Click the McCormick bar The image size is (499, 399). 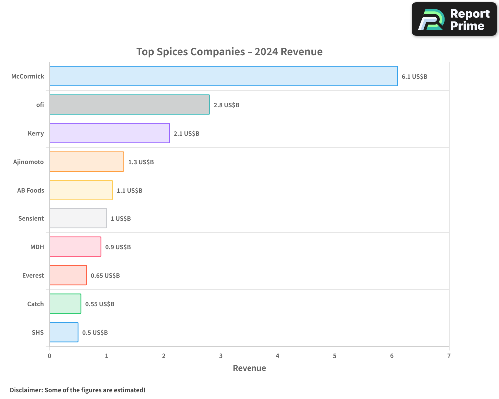(x=224, y=76)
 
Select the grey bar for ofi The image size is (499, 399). (x=129, y=105)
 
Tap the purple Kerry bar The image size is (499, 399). (x=109, y=133)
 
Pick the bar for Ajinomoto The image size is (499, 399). (x=87, y=162)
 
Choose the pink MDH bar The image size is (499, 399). (x=75, y=247)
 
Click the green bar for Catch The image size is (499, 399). (x=65, y=304)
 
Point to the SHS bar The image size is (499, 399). (x=64, y=332)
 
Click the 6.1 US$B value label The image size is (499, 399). (x=414, y=77)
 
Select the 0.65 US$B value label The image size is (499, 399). (x=105, y=276)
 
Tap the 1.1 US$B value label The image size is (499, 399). (x=129, y=191)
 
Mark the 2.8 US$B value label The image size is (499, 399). (x=226, y=105)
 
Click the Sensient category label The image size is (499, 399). (x=31, y=219)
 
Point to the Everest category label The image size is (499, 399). (x=33, y=276)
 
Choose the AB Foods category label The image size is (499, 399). (x=30, y=191)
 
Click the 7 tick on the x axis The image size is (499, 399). (x=449, y=356)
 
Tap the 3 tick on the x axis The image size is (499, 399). (x=221, y=356)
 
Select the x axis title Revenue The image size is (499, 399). (x=249, y=368)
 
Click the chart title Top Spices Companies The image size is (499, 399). (x=230, y=52)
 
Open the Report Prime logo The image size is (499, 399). (x=454, y=19)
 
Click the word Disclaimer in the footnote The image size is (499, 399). (x=26, y=390)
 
